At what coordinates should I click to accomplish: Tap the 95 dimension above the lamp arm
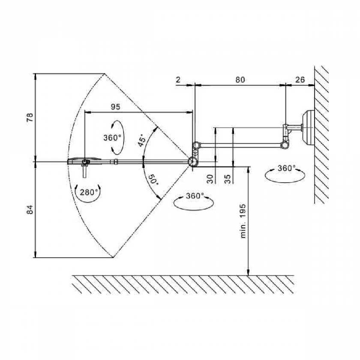tap(115, 107)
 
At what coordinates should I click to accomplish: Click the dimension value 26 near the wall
tap(300, 79)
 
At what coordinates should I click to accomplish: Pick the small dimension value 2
tap(177, 79)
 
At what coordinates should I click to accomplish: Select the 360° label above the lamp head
tap(112, 138)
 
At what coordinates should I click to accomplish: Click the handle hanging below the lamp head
tap(86, 171)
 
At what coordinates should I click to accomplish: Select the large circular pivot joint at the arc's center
tap(193, 162)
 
